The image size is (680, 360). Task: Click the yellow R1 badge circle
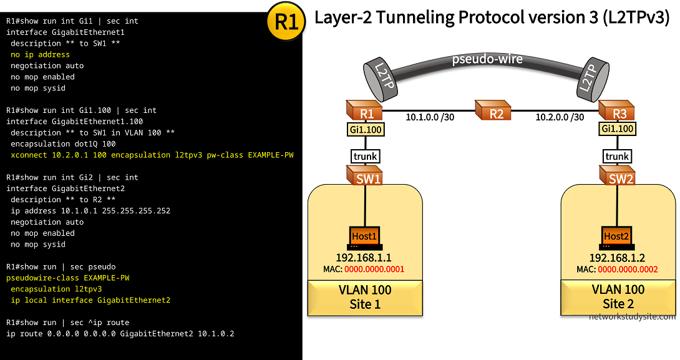[x=286, y=22]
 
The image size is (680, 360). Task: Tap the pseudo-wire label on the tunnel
[x=487, y=60]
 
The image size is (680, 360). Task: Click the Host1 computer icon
[x=365, y=237]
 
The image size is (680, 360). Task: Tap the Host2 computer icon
[x=616, y=237]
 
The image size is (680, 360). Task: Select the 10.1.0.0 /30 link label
[x=430, y=117]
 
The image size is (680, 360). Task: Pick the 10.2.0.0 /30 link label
[x=560, y=117]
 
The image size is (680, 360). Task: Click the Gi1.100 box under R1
[x=366, y=130]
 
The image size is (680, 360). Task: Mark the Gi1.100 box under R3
[x=617, y=130]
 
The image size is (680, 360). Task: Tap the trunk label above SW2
[x=617, y=156]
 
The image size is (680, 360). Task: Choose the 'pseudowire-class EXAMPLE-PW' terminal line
[x=68, y=278]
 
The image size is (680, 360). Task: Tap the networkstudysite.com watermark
[x=631, y=316]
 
